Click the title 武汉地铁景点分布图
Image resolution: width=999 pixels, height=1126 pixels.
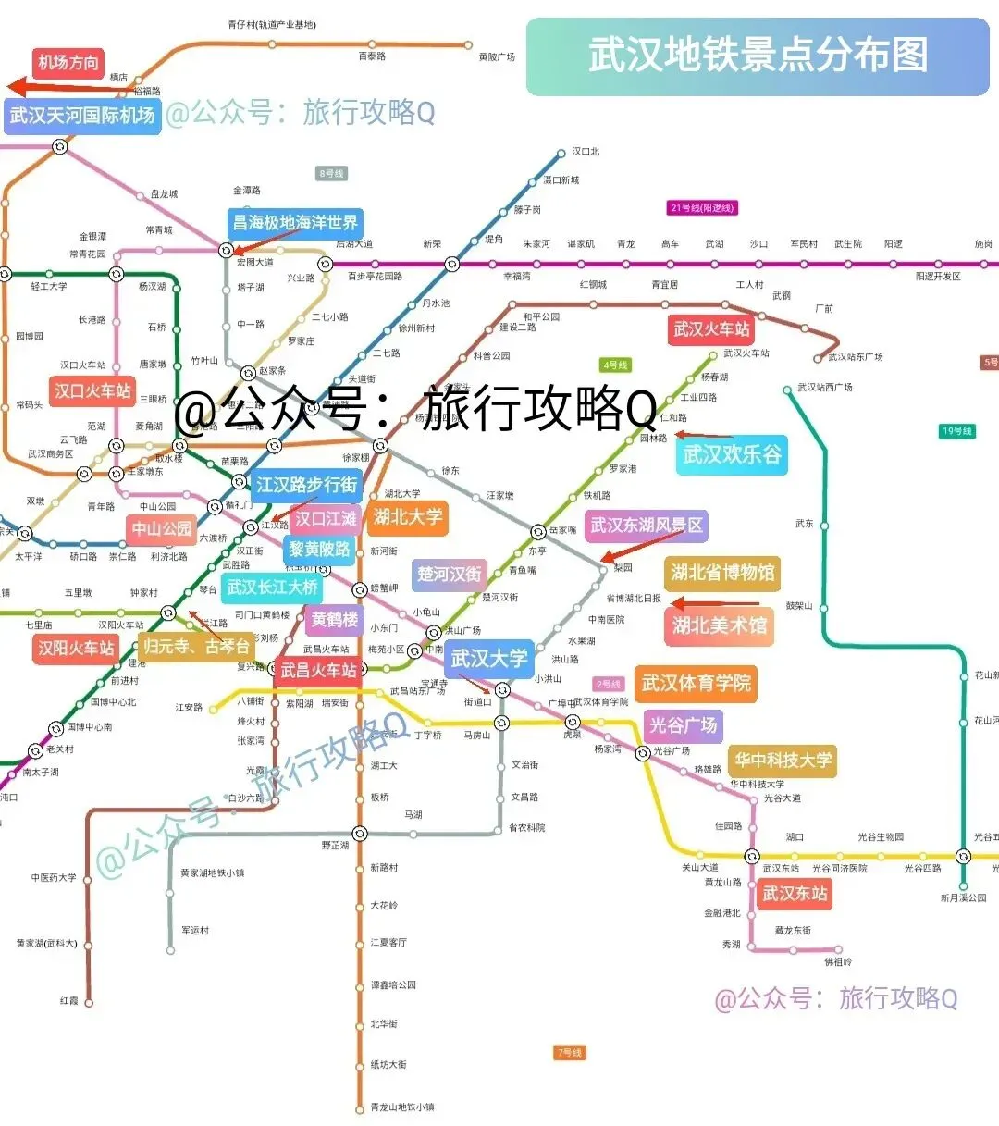pos(758,56)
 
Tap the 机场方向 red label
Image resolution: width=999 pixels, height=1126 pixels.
pos(68,63)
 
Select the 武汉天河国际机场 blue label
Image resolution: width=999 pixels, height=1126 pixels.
pos(82,116)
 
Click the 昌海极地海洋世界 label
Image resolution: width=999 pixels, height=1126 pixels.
pos(295,223)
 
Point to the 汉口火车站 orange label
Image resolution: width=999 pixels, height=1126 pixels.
pos(92,390)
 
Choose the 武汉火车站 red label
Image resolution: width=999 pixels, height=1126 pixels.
pos(711,329)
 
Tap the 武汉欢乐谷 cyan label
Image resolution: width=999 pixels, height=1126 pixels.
pos(732,455)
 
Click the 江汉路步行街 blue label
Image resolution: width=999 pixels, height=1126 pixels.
pos(306,485)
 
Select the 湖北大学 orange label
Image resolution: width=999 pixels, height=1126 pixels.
pos(408,517)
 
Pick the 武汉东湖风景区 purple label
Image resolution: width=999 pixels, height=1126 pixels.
pos(647,526)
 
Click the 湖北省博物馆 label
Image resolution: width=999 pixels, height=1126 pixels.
pos(722,573)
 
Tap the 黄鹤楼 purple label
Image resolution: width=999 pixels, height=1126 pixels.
pos(334,619)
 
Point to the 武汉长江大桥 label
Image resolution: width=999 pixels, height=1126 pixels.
pos(273,588)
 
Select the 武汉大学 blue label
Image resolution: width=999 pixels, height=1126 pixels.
pos(489,659)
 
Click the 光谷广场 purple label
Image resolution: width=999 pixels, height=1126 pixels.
pos(683,725)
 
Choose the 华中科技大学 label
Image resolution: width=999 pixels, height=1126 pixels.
pos(783,761)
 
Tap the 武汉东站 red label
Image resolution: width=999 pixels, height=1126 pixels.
pos(794,894)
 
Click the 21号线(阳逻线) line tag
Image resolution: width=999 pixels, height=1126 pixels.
pos(702,208)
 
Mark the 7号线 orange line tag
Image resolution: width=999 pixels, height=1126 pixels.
pos(570,1053)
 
